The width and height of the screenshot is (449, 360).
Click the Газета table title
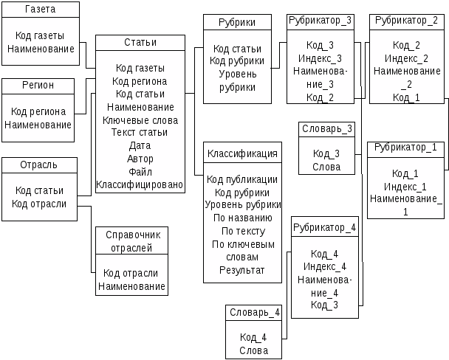tap(41, 9)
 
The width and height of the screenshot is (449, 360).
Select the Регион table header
tap(38, 86)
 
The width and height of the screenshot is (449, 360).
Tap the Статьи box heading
tap(140, 42)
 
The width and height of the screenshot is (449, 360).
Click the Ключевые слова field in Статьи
tap(140, 120)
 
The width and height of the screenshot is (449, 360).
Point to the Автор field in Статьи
tap(140, 159)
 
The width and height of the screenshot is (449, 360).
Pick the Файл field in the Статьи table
tap(140, 172)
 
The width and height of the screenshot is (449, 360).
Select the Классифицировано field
tap(140, 184)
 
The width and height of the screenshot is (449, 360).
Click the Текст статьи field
tap(140, 132)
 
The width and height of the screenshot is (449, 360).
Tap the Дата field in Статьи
tap(140, 145)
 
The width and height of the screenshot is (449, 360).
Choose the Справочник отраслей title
tap(132, 241)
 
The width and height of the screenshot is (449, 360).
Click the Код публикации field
tap(242, 179)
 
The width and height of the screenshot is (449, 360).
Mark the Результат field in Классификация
tap(242, 270)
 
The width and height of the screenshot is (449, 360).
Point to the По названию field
tap(243, 218)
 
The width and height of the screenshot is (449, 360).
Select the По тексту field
tap(244, 231)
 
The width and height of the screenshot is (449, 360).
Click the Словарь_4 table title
tap(255, 313)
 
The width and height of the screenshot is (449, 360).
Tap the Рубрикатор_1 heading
tap(405, 148)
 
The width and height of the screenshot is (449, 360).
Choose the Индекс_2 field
tap(407, 58)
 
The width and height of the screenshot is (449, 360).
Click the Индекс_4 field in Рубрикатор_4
tap(325, 266)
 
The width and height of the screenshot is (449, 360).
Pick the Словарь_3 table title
tap(327, 128)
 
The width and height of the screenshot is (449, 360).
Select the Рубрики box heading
tap(237, 22)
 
